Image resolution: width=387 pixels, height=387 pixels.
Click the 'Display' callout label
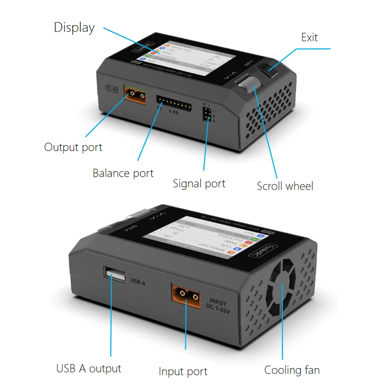pos(74,28)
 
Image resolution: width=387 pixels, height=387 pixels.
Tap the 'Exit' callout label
pos(309,37)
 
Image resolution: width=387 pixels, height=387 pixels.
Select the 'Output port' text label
pos(73,147)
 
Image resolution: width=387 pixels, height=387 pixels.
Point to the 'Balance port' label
pos(123,173)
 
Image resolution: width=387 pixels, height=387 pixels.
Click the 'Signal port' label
pos(199,184)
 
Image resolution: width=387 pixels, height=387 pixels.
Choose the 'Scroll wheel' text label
pos(285,186)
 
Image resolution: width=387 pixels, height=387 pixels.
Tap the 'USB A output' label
pos(89,369)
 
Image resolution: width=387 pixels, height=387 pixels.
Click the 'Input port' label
pos(183,372)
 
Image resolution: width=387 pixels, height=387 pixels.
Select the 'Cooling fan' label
pos(292,371)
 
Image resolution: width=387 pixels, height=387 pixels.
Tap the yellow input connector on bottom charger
pos(185,294)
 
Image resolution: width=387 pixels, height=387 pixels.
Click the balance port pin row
pos(174,102)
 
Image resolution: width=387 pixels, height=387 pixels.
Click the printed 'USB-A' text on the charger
pos(138,280)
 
